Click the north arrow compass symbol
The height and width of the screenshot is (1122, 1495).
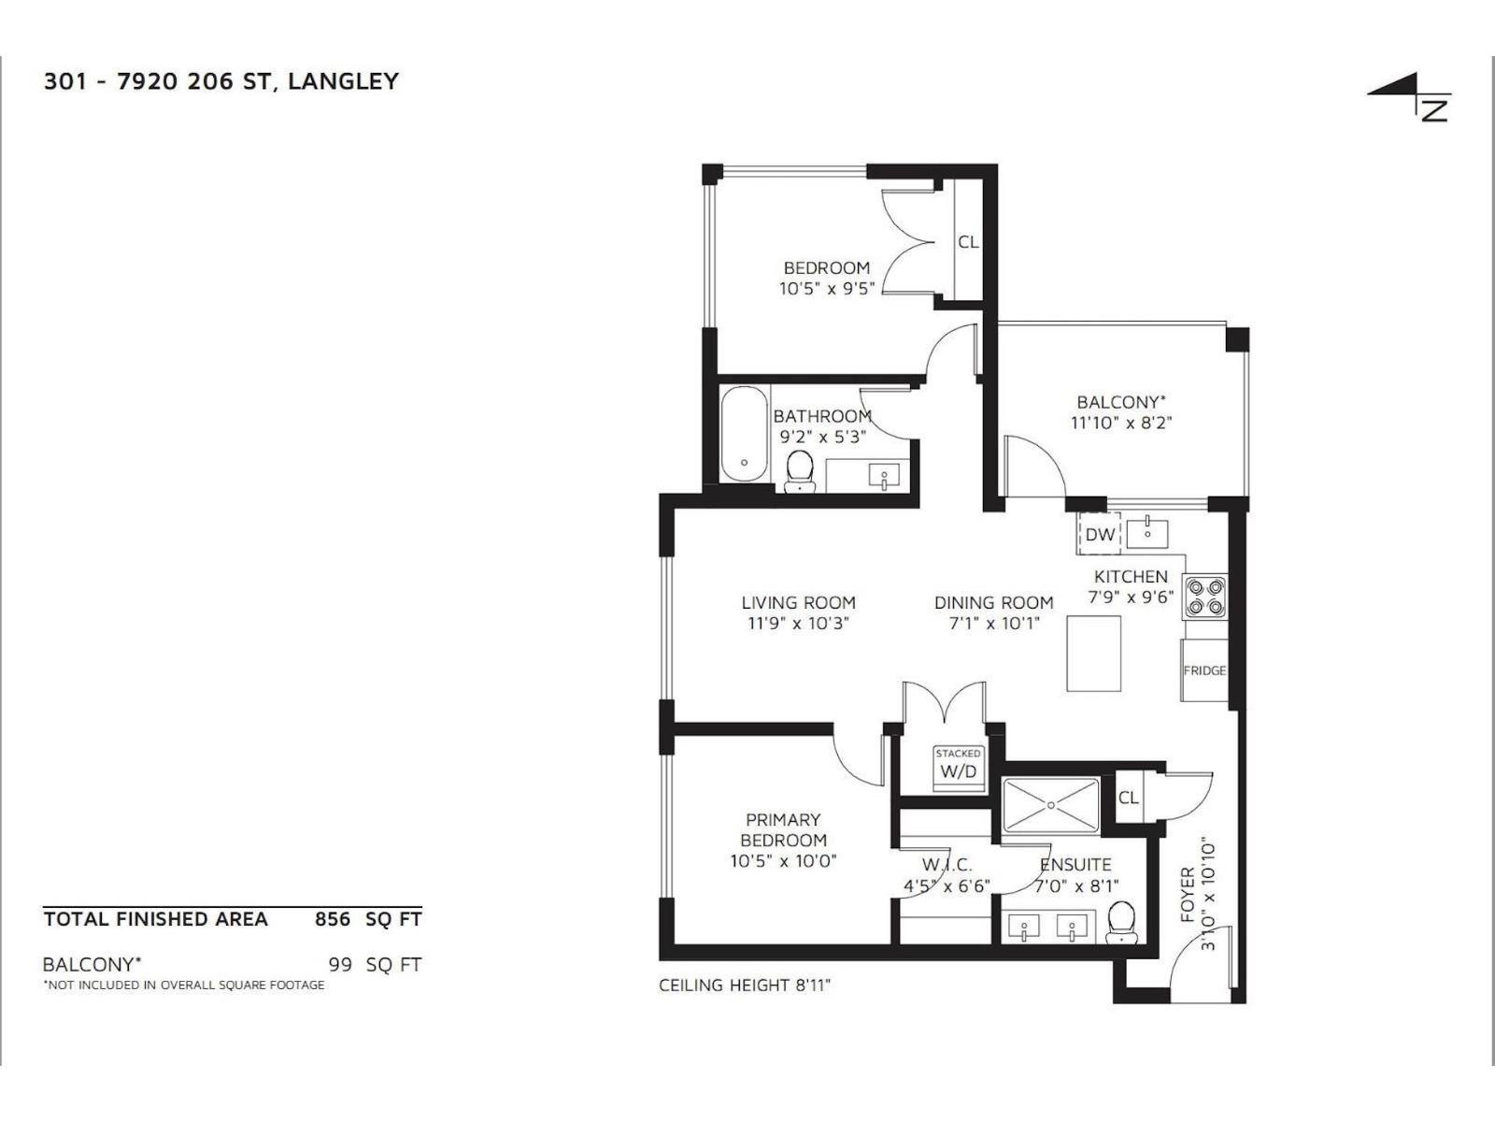tap(1411, 98)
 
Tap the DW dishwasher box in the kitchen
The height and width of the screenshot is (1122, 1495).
tap(1100, 535)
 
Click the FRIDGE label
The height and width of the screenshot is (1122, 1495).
tap(1204, 670)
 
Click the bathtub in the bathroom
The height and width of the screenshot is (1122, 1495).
tap(744, 435)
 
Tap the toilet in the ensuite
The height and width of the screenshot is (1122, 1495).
tap(1120, 922)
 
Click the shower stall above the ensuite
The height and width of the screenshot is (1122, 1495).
tap(1051, 804)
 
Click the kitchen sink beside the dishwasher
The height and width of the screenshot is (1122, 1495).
tap(1147, 533)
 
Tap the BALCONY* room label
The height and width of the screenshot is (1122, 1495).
tap(1120, 402)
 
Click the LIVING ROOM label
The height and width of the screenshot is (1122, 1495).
tap(798, 603)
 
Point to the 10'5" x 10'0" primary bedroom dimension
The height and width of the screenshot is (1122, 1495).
tap(783, 861)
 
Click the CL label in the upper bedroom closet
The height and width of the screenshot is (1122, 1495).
tap(968, 241)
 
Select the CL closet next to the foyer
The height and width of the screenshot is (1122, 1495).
tap(1129, 798)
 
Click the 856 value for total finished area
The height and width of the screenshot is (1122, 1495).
tap(333, 919)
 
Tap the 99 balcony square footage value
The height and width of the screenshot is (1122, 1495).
tap(340, 964)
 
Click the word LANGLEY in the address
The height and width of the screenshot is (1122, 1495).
tap(343, 81)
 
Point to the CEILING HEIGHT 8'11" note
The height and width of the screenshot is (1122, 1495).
tap(745, 985)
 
